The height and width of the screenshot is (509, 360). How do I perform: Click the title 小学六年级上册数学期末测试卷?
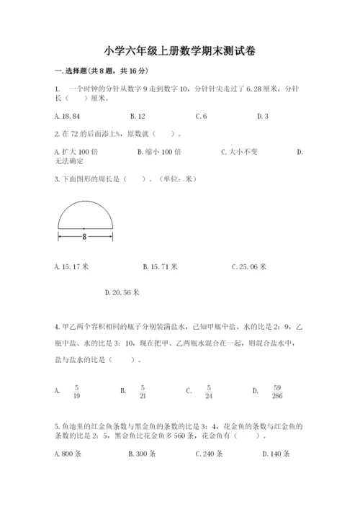[x=179, y=51]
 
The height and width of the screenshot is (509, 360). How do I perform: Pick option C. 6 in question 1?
[x=201, y=116]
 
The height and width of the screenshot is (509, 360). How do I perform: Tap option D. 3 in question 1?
[x=262, y=116]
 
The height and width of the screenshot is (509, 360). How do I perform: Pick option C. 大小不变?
[x=245, y=152]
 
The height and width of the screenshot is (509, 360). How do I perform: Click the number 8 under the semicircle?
[x=85, y=235]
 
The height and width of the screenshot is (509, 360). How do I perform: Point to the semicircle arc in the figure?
[x=85, y=204]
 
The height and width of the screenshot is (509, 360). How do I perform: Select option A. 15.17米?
[x=71, y=266]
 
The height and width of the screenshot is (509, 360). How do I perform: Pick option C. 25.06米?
[x=249, y=266]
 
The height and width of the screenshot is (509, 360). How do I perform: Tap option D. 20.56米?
[x=122, y=292]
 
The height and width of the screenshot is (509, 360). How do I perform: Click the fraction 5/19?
[x=75, y=390]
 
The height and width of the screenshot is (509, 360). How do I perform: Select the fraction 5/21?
[x=143, y=390]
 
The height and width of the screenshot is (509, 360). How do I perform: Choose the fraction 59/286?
[x=277, y=390]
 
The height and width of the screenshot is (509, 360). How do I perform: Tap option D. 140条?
[x=276, y=454]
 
